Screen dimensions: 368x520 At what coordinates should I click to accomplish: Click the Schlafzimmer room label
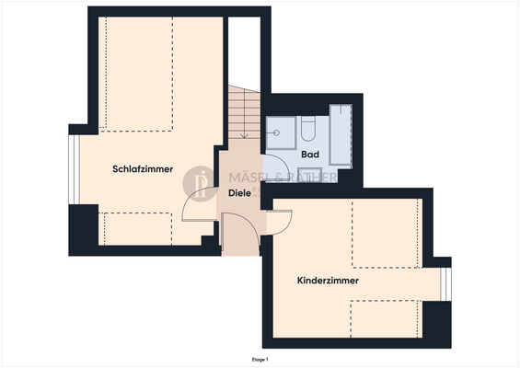pyautogui.click(x=144, y=169)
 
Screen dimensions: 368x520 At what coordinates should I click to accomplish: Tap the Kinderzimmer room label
pyautogui.click(x=328, y=281)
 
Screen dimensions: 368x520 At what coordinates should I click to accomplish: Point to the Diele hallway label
pyautogui.click(x=239, y=193)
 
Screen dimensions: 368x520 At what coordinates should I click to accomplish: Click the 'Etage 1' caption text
pyautogui.click(x=260, y=359)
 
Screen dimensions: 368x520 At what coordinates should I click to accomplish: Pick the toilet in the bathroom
pyautogui.click(x=309, y=130)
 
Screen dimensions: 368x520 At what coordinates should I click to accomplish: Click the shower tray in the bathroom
pyautogui.click(x=280, y=132)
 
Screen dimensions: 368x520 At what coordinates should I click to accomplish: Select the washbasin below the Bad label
pyautogui.click(x=310, y=175)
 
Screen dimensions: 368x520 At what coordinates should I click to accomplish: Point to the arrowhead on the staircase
pyautogui.click(x=245, y=136)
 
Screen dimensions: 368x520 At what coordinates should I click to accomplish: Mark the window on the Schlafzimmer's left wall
pyautogui.click(x=73, y=170)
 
